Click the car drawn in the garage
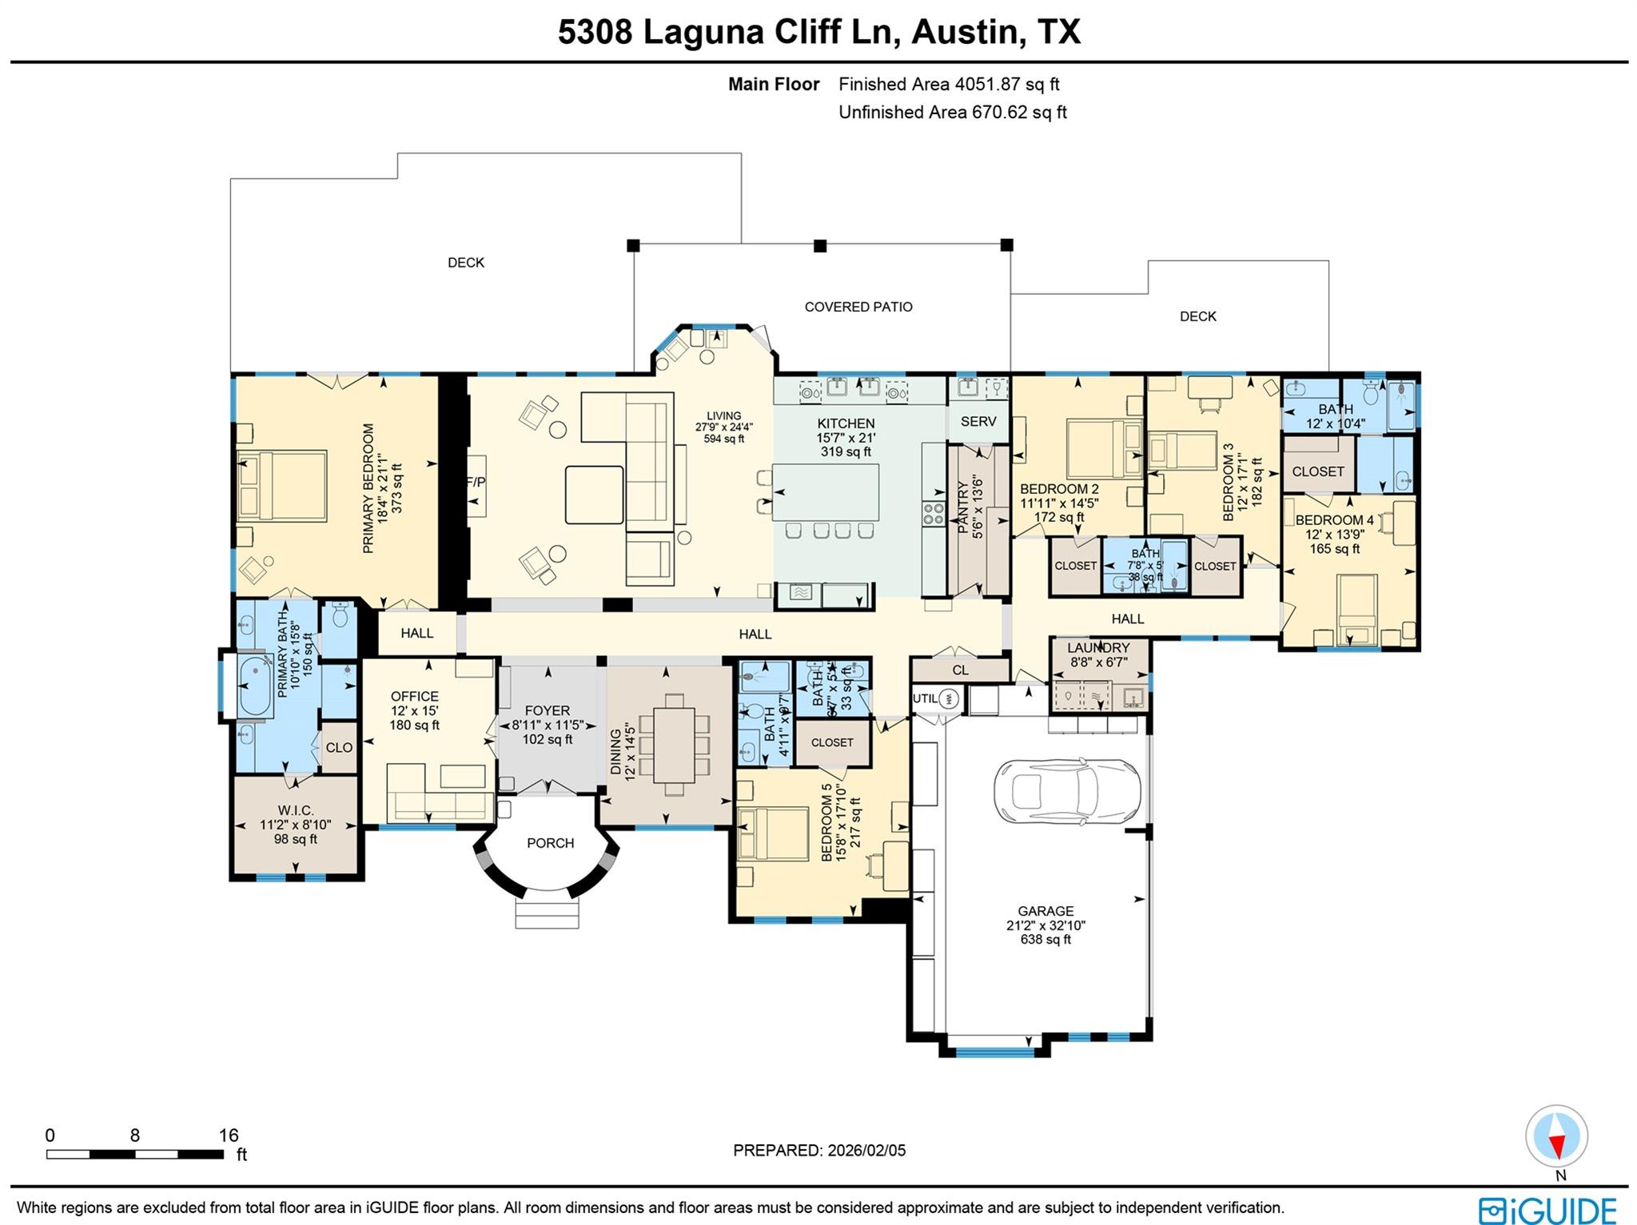tap(1066, 791)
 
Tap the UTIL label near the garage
tap(925, 698)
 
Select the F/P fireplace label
tap(476, 482)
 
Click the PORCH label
tap(550, 843)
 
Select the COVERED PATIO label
tap(858, 307)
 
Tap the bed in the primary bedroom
tap(281, 486)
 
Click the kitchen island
tap(826, 492)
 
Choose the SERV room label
tap(978, 421)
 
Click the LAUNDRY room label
tap(1098, 647)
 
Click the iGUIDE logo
tap(1547, 1208)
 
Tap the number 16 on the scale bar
tap(229, 1136)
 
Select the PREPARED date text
tap(819, 1151)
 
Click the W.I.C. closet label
tap(295, 810)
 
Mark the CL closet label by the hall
tap(960, 670)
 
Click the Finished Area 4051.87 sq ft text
tap(949, 84)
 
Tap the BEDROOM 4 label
tap(1334, 520)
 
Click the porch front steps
tap(547, 913)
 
